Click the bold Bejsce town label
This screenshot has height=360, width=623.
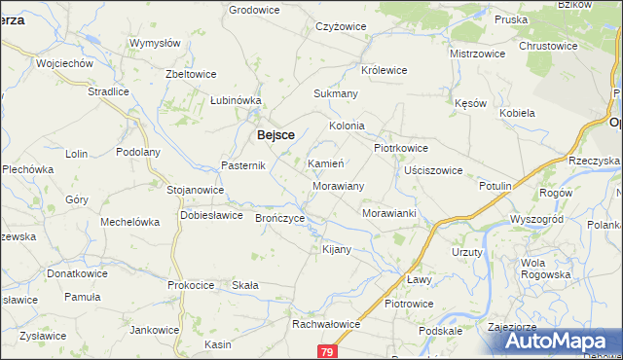pyautogui.click(x=275, y=136)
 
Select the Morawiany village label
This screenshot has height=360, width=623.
pyautogui.click(x=339, y=185)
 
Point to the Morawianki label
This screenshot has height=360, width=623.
pyautogui.click(x=388, y=213)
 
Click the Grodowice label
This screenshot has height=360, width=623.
pyautogui.click(x=254, y=10)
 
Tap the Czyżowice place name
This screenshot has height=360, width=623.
pyautogui.click(x=340, y=27)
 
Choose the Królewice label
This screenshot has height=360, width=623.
pyautogui.click(x=384, y=71)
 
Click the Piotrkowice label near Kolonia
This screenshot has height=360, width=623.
pyautogui.click(x=401, y=148)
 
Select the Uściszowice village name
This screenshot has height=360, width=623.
pyautogui.click(x=432, y=170)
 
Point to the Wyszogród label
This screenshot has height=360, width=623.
pyautogui.click(x=536, y=220)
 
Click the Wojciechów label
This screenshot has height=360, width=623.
pyautogui.click(x=63, y=63)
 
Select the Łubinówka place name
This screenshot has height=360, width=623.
pyautogui.click(x=237, y=100)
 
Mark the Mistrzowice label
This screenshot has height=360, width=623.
pyautogui.click(x=477, y=54)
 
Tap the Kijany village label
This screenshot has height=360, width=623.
pyautogui.click(x=336, y=250)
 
